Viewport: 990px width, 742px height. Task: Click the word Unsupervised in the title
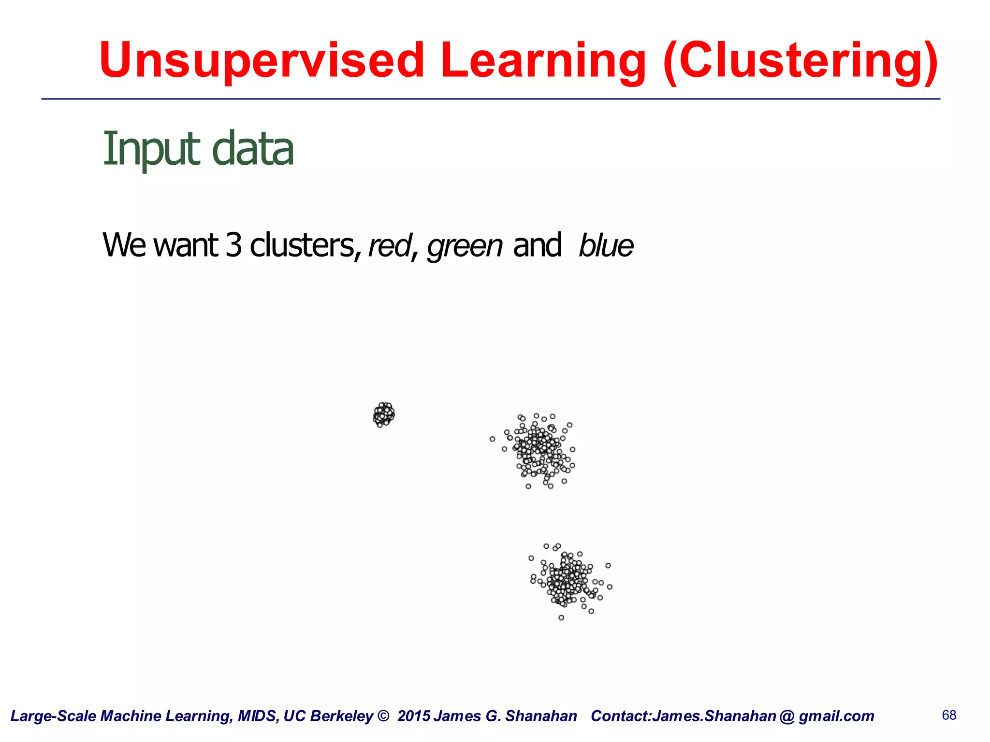pos(262,60)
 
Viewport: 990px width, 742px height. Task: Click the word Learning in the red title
pos(543,60)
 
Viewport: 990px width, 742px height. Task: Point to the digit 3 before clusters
pos(233,245)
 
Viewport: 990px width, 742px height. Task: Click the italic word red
pos(389,246)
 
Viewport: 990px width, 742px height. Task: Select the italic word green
pos(465,246)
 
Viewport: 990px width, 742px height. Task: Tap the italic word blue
pos(606,246)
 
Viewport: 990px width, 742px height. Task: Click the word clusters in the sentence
pos(303,245)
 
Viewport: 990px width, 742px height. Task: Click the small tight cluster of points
pos(384,414)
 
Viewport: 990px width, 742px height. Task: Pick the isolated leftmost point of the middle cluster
pos(492,439)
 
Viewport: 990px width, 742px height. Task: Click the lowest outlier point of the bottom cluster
pos(561,617)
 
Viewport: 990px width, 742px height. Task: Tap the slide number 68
pos(949,715)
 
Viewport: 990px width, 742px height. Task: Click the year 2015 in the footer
pos(414,716)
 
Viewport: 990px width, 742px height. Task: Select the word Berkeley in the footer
pos(343,716)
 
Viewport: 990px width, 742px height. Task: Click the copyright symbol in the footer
pos(383,716)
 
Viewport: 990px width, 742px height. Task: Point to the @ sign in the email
pos(787,716)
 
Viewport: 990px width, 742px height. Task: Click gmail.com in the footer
pos(836,716)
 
